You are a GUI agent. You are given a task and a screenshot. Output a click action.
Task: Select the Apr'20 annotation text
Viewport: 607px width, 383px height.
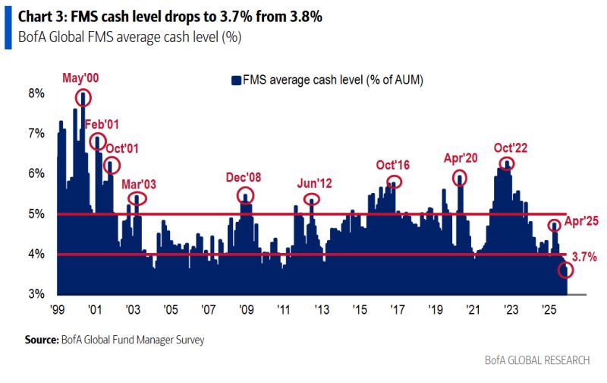[460, 159]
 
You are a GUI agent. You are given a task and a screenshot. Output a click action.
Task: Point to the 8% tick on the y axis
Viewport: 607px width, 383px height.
[38, 93]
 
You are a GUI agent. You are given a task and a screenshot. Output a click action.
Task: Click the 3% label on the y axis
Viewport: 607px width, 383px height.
[38, 294]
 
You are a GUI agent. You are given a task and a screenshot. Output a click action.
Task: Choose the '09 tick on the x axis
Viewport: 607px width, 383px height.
[246, 310]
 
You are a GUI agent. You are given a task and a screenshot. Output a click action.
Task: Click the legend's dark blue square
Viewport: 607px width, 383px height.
[236, 79]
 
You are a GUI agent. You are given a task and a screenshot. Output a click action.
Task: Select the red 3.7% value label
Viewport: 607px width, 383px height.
[583, 258]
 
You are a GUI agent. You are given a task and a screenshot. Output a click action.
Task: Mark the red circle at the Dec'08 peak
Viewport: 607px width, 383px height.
[245, 195]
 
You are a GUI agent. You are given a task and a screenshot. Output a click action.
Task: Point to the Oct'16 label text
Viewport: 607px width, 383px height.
[392, 165]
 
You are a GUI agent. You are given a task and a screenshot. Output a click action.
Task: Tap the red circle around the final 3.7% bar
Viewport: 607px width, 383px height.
[566, 270]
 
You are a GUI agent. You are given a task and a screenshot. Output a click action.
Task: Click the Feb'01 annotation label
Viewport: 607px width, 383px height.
[102, 124]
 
